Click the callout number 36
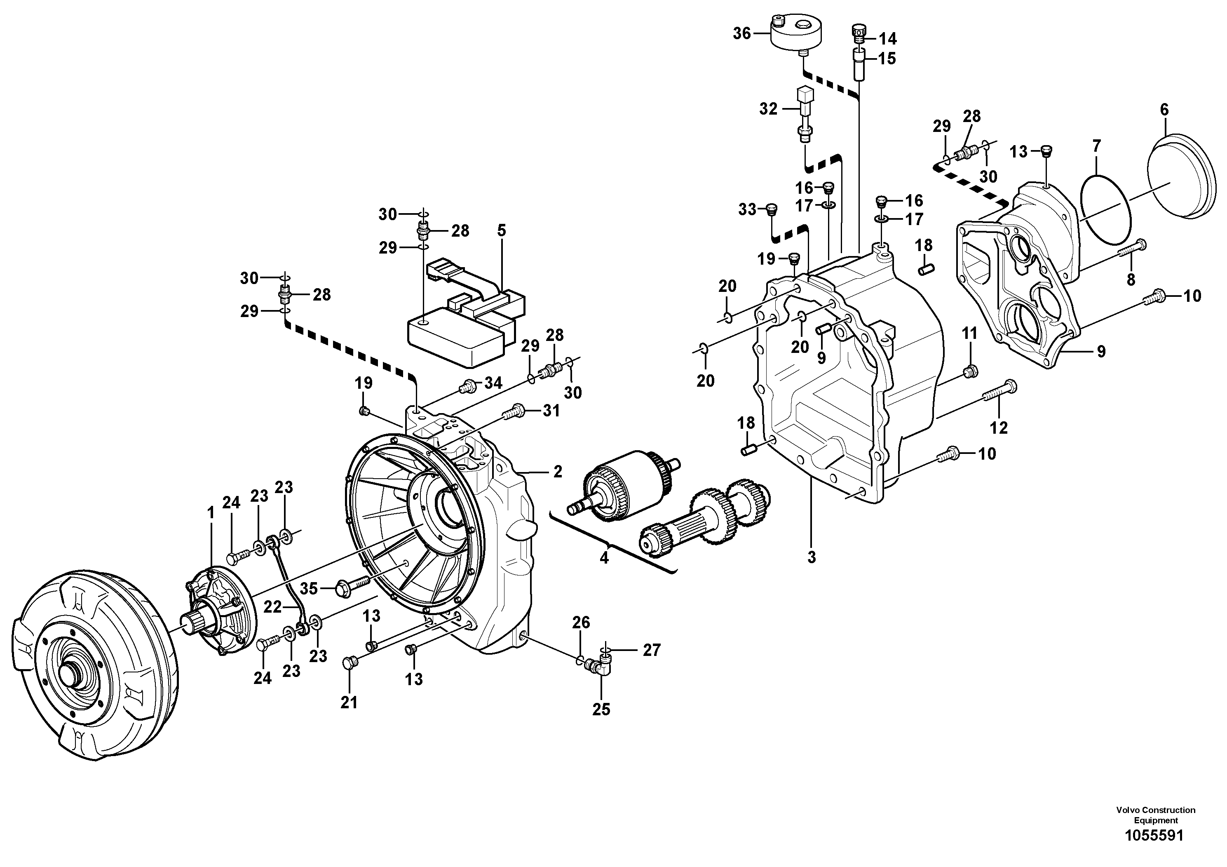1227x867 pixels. click(742, 34)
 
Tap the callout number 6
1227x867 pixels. click(1164, 110)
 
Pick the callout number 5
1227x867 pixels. click(501, 231)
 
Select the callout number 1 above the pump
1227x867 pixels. click(211, 513)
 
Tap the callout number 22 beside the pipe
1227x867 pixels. click(272, 607)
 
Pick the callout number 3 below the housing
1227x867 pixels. click(811, 557)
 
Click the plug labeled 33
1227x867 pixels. click(771, 209)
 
